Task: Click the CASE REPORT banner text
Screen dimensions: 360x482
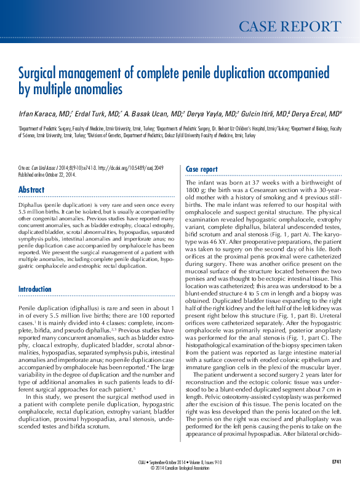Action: pyautogui.click(x=289, y=26)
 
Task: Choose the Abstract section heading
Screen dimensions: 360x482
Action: pyautogui.click(x=31, y=190)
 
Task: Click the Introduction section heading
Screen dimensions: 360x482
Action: pyautogui.click(x=35, y=289)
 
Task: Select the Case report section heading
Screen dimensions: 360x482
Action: pyautogui.click(x=201, y=169)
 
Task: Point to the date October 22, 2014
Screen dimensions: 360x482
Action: pyautogui.click(x=63, y=174)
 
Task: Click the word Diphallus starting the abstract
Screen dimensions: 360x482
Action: pyautogui.click(x=31, y=202)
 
